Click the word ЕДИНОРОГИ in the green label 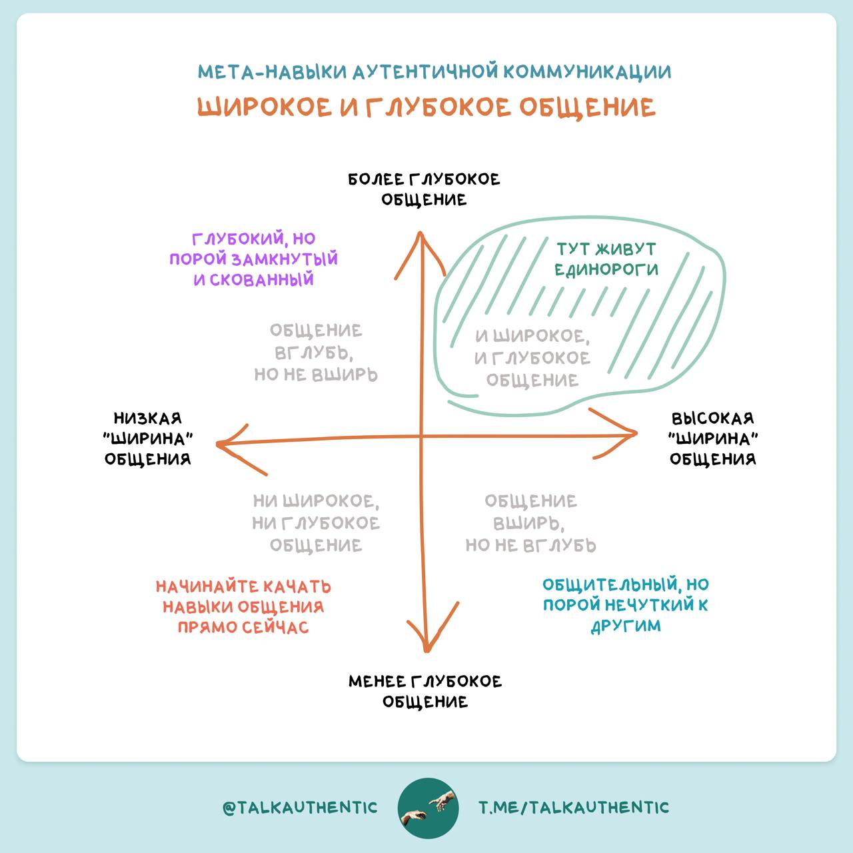coord(606,270)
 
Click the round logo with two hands coord(428,808)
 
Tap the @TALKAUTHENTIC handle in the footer coord(300,808)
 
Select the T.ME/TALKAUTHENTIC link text coord(574,808)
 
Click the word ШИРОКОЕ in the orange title coord(265,107)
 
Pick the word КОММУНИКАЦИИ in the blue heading coord(587,72)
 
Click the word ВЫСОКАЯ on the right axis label coord(712,419)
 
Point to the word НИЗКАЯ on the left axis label coord(148,419)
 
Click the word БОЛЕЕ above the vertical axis coord(377,179)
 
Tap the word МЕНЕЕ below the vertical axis coord(377,681)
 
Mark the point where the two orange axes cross coord(421,437)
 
